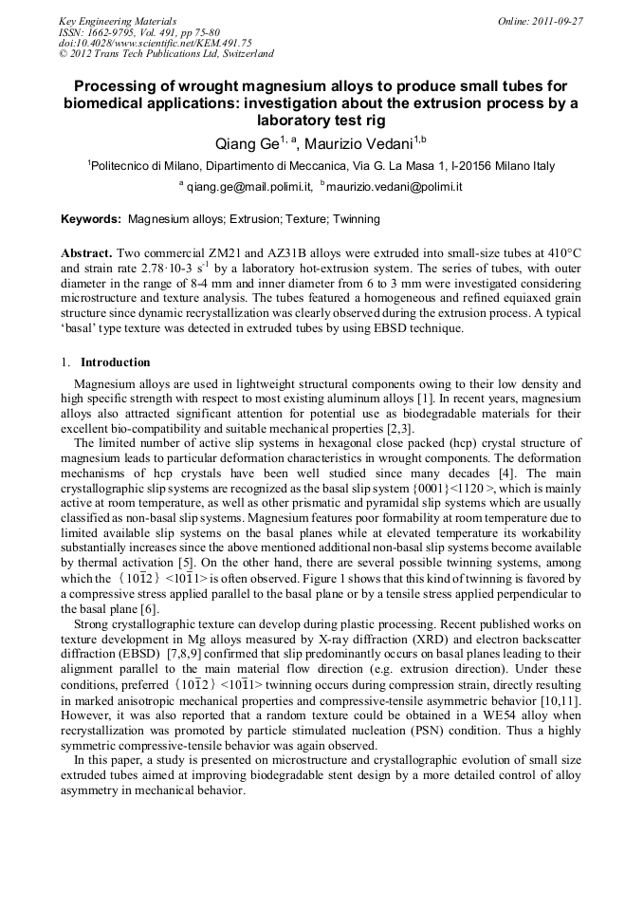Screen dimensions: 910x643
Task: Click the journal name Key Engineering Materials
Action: click(x=117, y=21)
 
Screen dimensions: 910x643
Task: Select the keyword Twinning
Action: click(x=356, y=219)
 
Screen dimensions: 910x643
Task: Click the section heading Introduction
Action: click(x=115, y=362)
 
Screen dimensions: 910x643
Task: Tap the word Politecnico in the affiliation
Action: click(x=123, y=165)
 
